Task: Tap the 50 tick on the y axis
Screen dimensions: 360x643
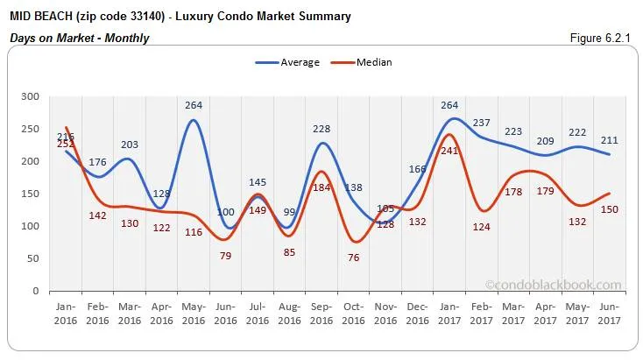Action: coord(32,258)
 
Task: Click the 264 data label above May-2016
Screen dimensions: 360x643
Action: coord(194,106)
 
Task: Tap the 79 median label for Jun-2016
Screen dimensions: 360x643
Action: coord(226,256)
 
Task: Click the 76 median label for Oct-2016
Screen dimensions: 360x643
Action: coord(354,258)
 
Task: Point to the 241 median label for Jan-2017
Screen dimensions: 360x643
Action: coord(450,150)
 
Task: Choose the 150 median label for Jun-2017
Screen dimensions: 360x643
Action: coord(611,209)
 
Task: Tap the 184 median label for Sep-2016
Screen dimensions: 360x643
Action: coord(321,187)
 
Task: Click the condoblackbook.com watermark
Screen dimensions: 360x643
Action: coord(553,285)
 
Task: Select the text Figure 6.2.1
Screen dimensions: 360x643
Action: coord(604,38)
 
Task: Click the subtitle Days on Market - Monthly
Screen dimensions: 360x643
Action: coord(79,38)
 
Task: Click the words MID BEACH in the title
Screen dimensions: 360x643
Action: coord(40,16)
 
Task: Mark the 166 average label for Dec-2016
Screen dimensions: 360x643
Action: coord(418,169)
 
